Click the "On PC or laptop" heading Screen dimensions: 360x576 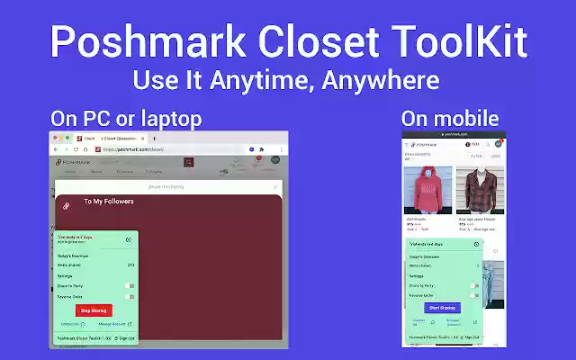click(126, 118)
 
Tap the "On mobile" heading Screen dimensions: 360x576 click(450, 118)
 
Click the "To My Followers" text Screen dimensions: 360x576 click(108, 202)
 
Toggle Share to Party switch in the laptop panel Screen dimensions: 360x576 click(130, 285)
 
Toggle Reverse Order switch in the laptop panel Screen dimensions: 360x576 click(130, 296)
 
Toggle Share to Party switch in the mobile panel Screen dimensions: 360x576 click(474, 285)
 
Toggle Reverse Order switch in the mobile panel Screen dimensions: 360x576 click(474, 295)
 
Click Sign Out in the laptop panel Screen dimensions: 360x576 click(125, 338)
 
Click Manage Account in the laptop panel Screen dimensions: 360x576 click(113, 324)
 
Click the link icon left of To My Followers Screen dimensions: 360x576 click(66, 206)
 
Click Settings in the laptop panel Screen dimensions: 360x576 click(66, 275)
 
